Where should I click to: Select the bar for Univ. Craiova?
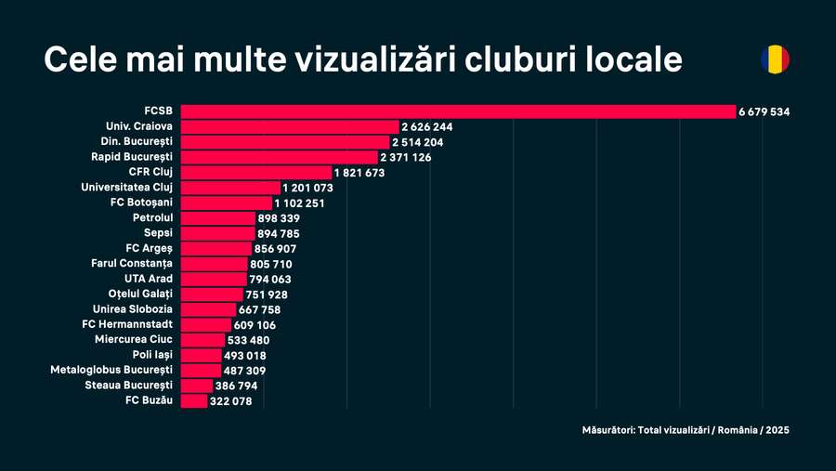point(289,126)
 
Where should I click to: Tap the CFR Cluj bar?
point(255,173)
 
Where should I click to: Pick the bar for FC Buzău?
point(194,401)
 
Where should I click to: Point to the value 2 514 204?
point(417,142)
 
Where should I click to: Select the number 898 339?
point(279,218)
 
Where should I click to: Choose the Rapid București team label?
point(132,157)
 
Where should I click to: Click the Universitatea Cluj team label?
point(127,188)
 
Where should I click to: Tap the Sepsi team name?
point(158,233)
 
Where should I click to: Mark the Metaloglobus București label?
point(111,370)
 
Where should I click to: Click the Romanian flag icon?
point(775,59)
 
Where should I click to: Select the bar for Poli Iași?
point(201,355)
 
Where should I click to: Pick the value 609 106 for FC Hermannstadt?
point(255,325)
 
